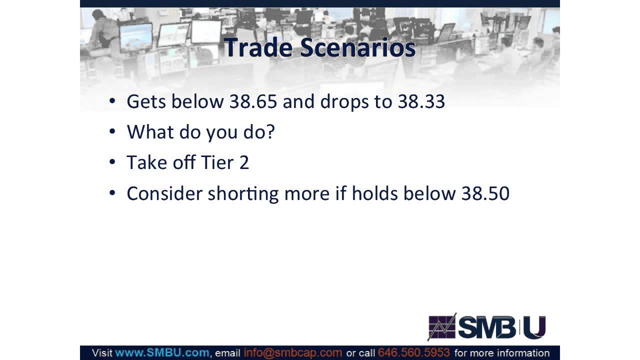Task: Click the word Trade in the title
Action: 258,48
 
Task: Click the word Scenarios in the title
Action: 357,48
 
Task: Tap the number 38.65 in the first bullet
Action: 253,101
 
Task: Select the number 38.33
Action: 421,101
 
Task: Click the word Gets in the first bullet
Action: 146,101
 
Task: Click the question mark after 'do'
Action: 270,132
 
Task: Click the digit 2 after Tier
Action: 244,162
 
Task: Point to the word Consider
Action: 164,193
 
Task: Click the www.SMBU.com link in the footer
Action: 162,353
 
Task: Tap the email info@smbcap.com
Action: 292,353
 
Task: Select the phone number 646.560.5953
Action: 413,353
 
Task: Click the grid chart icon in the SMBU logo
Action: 442,327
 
